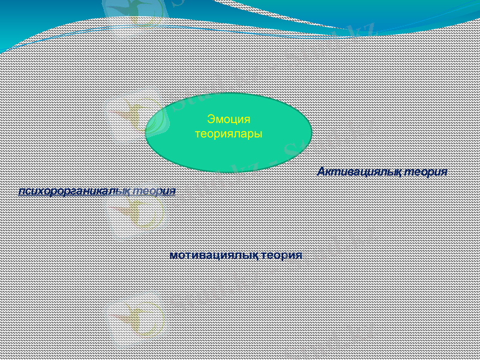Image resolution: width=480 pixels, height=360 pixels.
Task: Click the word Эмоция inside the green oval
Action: tap(228, 119)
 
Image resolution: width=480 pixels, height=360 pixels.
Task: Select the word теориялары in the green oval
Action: tap(229, 133)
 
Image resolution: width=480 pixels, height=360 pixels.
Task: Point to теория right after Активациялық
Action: tap(426, 172)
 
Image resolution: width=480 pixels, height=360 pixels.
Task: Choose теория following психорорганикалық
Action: tap(154, 191)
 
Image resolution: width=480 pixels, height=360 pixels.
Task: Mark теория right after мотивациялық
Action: tap(282, 255)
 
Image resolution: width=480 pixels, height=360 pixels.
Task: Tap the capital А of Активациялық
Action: tap(321, 172)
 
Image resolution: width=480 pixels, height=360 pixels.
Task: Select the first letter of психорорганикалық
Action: tap(22, 191)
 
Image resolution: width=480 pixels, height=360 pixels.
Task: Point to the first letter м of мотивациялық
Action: tap(173, 255)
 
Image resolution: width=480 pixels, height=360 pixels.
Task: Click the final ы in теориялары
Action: tap(259, 133)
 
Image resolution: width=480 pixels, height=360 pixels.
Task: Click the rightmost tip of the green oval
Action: tap(312, 132)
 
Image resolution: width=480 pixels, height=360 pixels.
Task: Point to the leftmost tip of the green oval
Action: tap(146, 132)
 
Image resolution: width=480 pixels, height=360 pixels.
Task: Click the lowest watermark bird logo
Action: tap(135, 318)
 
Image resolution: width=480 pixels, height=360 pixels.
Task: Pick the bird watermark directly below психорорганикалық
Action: tap(135, 216)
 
